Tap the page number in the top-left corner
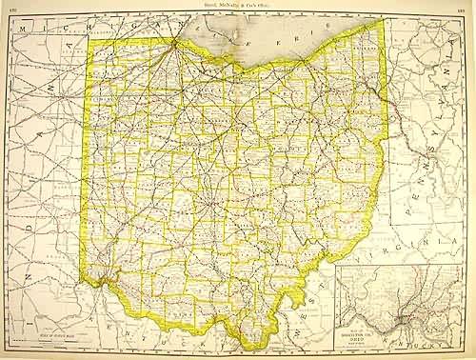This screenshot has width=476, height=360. click(x=9, y=7)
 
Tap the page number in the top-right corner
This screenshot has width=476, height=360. click(x=466, y=7)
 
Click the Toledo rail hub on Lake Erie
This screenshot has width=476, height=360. click(x=174, y=41)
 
